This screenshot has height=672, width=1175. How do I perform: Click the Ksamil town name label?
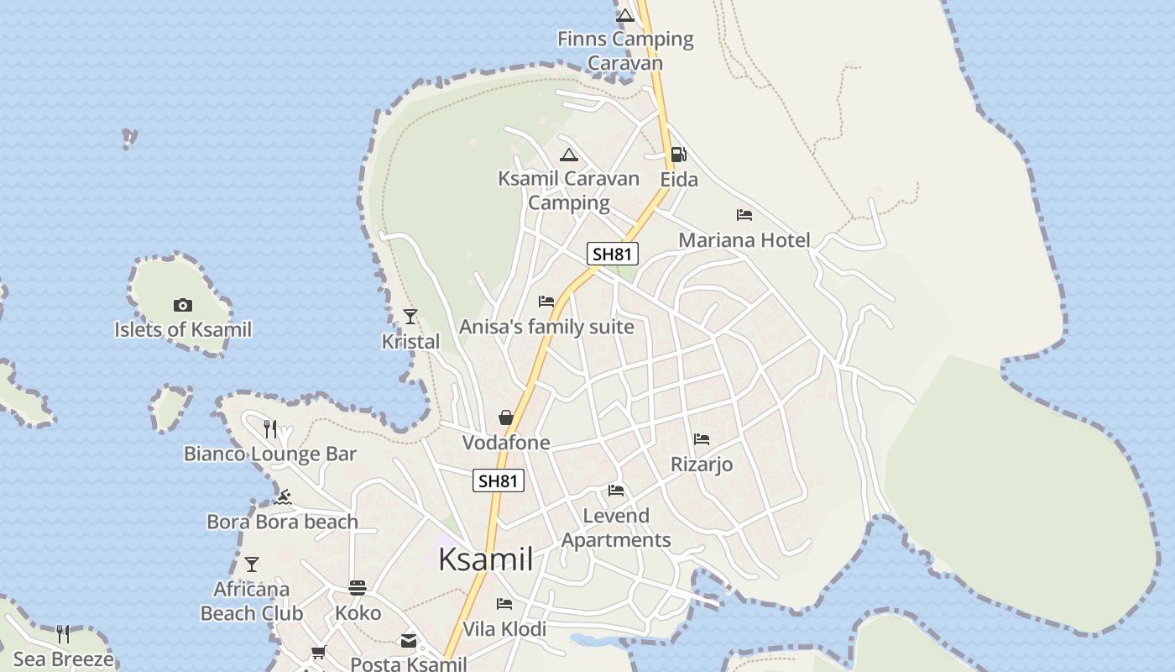coord(485,559)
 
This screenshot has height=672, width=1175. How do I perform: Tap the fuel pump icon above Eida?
coord(678,155)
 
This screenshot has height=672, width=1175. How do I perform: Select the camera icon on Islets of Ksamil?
coord(182,305)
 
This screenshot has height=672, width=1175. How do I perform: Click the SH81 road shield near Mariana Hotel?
coord(613,254)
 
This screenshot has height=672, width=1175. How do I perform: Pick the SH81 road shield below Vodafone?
coord(499,480)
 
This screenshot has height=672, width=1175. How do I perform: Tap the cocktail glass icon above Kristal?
coord(410,317)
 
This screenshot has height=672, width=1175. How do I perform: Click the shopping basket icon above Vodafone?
coord(506,417)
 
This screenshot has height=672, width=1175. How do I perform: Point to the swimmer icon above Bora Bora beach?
coord(282,497)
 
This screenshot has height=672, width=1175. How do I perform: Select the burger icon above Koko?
coord(358,588)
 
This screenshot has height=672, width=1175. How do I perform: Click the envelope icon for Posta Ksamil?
coord(408,641)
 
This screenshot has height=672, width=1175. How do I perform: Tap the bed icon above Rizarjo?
coord(702,439)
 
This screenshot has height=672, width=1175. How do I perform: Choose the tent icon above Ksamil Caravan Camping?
coord(569,155)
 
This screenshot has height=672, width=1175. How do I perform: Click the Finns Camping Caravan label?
coord(625,50)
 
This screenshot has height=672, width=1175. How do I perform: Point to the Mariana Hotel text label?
coord(744,240)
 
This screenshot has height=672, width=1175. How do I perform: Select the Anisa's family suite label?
coord(546,327)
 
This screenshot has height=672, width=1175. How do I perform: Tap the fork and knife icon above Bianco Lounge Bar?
coord(270,429)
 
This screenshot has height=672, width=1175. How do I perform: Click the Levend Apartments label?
coord(616,528)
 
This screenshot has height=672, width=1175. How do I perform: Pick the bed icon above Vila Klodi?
coord(504,604)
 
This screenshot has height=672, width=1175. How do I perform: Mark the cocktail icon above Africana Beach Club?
coord(252,564)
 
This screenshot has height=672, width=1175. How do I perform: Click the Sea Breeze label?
coord(64,659)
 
